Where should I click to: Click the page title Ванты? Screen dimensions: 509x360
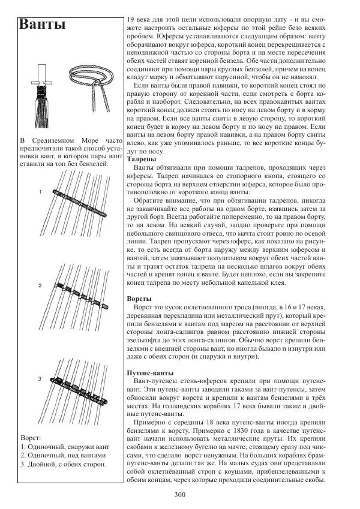[x=43, y=25]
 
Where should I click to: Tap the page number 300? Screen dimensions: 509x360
[x=179, y=494]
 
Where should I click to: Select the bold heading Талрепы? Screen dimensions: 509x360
[x=142, y=160]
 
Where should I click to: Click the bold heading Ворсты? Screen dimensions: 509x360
[x=140, y=298]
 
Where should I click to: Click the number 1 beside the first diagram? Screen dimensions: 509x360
[x=40, y=192]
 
